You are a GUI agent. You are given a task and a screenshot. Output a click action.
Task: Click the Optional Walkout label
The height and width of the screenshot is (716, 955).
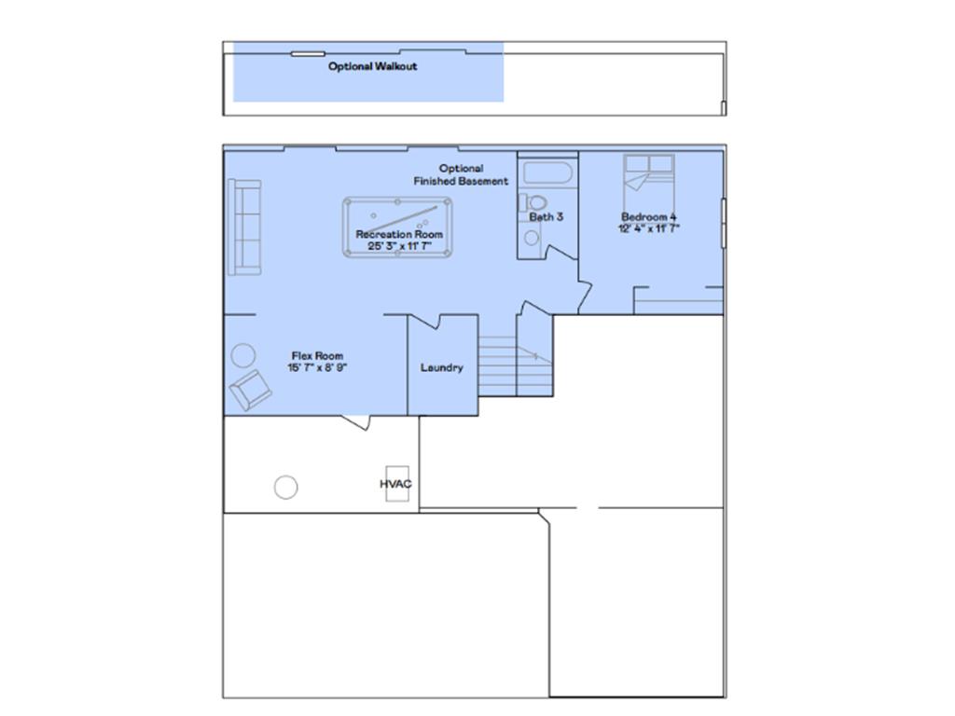tap(372, 67)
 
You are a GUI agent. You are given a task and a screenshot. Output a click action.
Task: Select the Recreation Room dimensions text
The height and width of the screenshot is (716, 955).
tap(398, 246)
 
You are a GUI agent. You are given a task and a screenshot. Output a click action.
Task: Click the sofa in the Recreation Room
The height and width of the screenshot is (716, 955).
tap(244, 227)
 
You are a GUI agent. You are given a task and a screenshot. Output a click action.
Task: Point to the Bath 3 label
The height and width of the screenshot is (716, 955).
tap(547, 217)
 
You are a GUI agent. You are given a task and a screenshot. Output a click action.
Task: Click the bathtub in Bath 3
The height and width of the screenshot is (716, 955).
tap(547, 172)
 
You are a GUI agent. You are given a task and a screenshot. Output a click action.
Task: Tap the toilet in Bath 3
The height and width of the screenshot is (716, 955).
tap(534, 203)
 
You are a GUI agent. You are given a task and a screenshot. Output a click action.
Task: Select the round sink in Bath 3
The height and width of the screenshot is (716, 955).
tap(531, 237)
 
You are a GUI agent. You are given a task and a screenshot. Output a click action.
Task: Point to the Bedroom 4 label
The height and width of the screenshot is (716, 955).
tap(649, 217)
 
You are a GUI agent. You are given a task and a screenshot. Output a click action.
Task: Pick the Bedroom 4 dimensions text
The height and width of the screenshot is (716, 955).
tap(649, 228)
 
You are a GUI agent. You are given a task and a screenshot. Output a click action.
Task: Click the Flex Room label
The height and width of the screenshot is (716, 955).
tap(317, 356)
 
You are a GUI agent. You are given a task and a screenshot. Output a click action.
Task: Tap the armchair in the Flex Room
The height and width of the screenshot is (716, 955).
tap(249, 390)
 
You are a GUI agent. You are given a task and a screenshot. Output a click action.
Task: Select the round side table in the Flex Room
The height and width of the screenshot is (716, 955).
tap(243, 356)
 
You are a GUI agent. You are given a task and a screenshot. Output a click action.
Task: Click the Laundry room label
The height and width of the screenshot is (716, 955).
tap(441, 368)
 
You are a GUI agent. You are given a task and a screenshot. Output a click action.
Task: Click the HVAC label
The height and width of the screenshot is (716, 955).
tap(395, 485)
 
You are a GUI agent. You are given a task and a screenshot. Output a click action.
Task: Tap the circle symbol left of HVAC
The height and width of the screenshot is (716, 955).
tap(286, 487)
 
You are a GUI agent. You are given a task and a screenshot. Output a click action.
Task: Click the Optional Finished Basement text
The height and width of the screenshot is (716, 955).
tap(461, 175)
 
